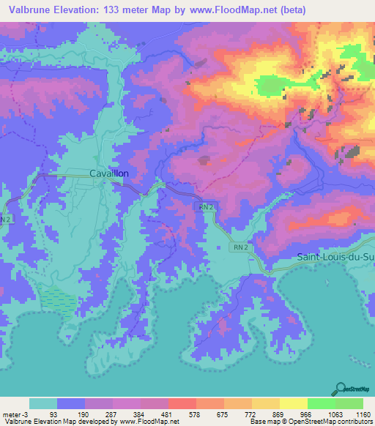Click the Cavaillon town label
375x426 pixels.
[108, 173]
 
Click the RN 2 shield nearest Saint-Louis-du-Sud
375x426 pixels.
[241, 248]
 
